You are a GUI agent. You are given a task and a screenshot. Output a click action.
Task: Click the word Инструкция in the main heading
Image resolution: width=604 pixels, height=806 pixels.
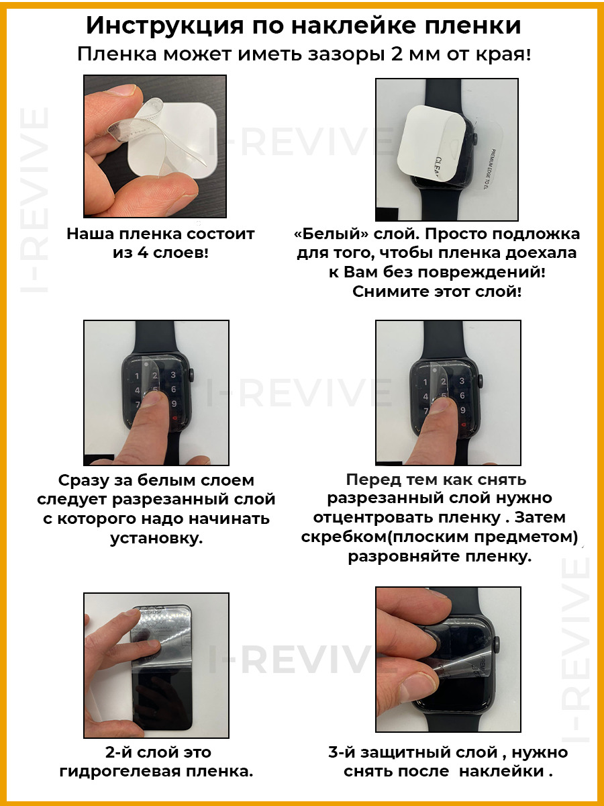coord(164,26)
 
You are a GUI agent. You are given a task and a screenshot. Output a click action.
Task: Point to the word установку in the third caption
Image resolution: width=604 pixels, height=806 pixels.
coord(156,539)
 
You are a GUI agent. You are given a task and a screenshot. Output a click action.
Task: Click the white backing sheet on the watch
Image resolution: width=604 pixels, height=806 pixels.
coord(432,144)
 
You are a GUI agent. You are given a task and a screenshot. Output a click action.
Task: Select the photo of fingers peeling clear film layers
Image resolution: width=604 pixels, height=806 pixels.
coord(155,146)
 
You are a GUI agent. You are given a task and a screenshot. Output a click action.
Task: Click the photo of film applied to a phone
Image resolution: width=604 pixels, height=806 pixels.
coord(156,666)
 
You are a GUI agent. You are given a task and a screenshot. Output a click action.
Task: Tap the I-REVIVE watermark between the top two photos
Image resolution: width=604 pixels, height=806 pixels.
coord(301,142)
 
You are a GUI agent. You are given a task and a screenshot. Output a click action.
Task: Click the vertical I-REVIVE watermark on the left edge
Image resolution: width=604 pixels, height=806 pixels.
coord(34,200)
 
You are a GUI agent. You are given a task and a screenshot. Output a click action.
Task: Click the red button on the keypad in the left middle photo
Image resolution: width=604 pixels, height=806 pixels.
coord(174,418)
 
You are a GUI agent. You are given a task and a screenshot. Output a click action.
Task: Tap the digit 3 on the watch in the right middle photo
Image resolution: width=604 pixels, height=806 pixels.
coord(462,381)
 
